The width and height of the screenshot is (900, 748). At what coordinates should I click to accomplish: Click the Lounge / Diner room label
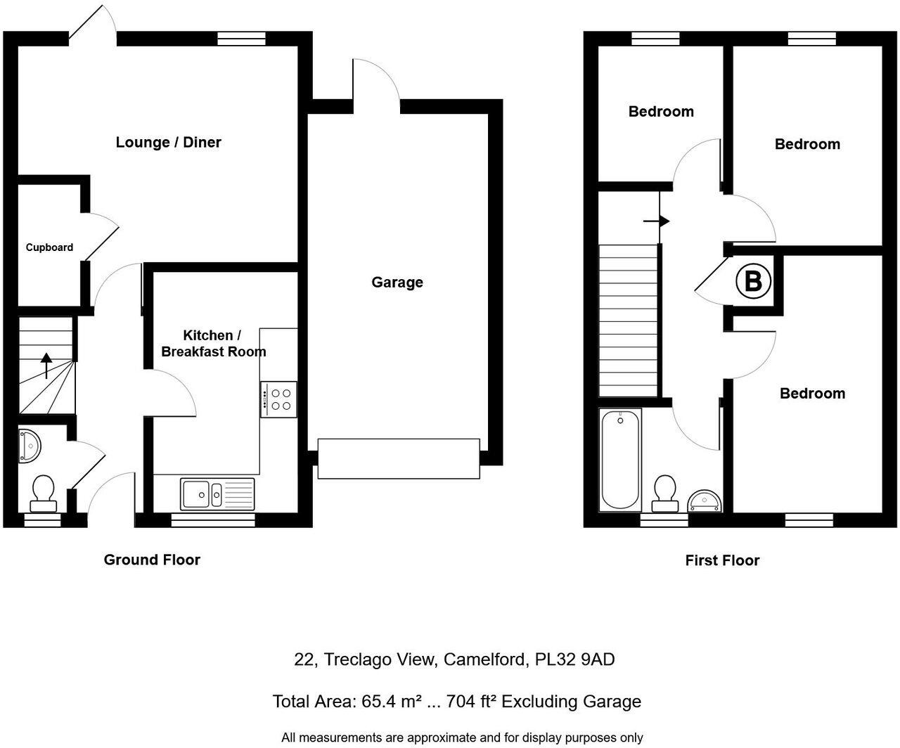(168, 143)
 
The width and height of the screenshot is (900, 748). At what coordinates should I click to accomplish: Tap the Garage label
(397, 283)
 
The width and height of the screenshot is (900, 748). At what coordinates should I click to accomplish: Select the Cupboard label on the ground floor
(49, 247)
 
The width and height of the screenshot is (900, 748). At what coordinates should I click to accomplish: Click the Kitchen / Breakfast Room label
(213, 344)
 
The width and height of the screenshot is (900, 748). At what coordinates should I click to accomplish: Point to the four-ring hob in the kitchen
(279, 399)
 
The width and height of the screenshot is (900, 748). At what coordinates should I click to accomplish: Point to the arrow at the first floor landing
(657, 221)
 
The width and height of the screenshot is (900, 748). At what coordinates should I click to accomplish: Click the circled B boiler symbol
(753, 282)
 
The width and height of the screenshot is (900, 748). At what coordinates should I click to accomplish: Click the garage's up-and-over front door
(399, 458)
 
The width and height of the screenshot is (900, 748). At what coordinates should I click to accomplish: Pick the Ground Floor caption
(152, 560)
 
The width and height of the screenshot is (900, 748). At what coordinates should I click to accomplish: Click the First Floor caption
(722, 561)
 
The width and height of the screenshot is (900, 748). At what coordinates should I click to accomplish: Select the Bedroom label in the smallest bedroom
(661, 112)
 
